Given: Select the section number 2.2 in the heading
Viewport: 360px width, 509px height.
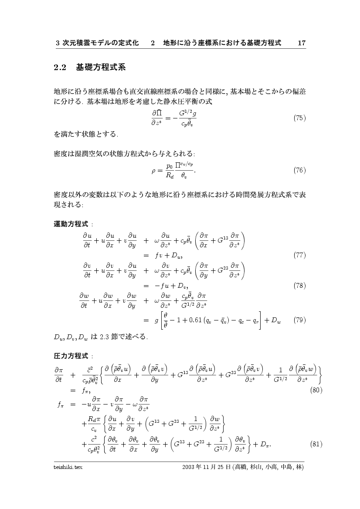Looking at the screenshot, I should [59, 67].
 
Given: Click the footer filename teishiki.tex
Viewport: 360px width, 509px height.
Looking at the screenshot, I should [68, 467].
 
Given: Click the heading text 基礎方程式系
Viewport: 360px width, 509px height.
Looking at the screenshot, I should [101, 67].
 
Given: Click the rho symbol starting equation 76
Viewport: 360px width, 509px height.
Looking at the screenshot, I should [154, 171].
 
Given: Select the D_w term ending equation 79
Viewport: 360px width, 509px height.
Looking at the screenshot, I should [276, 321].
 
